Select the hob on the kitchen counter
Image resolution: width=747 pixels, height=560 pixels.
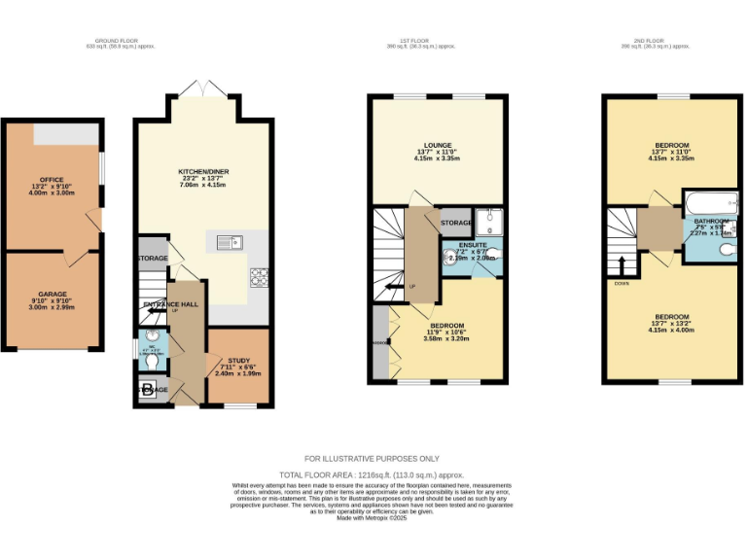(259, 276)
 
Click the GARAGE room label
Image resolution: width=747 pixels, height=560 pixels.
(51, 293)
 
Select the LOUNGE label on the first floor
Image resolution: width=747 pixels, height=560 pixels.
(436, 145)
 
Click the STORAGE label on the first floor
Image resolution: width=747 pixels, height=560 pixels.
(455, 224)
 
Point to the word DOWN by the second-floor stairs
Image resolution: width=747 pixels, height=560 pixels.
(622, 283)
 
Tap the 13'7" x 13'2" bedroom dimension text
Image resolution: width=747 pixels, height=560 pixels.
(671, 325)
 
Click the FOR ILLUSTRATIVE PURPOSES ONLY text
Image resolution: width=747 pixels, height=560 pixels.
(373, 458)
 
